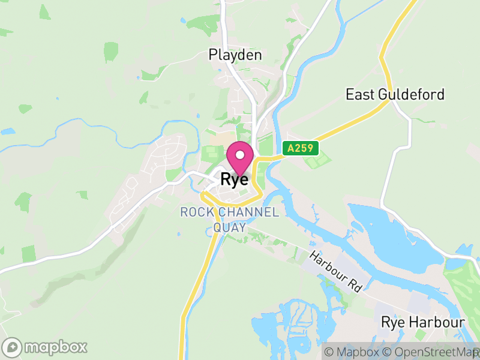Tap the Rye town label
tap(235, 179)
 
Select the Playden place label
tap(235, 55)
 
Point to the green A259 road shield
tap(300, 148)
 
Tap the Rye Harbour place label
tap(423, 323)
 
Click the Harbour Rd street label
tap(336, 271)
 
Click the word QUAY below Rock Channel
tap(230, 227)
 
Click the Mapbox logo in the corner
tap(45, 347)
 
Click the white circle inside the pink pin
tap(240, 155)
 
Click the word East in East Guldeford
tap(361, 95)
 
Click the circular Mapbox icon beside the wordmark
tap(12, 347)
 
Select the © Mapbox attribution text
tap(355, 352)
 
